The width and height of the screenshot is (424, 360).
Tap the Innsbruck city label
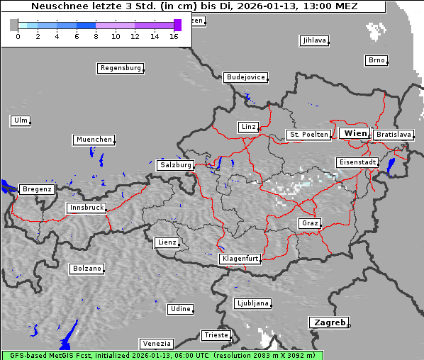point(86,208)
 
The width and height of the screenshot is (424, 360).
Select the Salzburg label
point(175,165)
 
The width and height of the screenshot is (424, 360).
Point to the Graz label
point(309,223)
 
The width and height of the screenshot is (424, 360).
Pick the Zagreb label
point(328,322)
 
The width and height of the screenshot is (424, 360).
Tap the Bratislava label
point(394,134)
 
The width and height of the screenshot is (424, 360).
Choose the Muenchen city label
point(94,140)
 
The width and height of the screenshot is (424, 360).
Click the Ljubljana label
point(252,303)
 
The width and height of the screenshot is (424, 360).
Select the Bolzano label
point(87,269)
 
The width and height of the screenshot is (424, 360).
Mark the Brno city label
point(376,60)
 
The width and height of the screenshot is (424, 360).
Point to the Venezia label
point(156,343)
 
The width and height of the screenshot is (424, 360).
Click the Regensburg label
point(120,68)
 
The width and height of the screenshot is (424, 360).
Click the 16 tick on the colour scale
point(174,36)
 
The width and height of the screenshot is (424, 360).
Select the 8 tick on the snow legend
point(96,36)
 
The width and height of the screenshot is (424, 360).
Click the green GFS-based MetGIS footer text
point(162,355)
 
